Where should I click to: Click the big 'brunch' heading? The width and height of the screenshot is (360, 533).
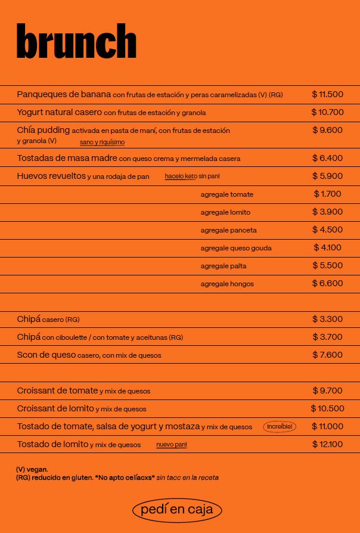pyautogui.click(x=76, y=42)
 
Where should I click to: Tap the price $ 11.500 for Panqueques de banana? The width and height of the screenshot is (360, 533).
pyautogui.click(x=327, y=94)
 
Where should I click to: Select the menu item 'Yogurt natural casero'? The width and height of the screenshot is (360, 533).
pyautogui.click(x=59, y=112)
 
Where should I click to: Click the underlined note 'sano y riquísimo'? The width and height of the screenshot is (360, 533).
pyautogui.click(x=102, y=142)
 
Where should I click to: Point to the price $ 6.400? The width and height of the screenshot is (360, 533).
pyautogui.click(x=327, y=158)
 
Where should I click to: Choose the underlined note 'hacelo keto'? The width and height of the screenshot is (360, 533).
pyautogui.click(x=181, y=176)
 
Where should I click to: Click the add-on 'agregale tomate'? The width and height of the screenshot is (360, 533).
pyautogui.click(x=226, y=194)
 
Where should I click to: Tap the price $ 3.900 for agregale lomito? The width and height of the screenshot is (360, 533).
pyautogui.click(x=327, y=212)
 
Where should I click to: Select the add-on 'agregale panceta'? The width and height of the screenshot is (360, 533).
pyautogui.click(x=228, y=230)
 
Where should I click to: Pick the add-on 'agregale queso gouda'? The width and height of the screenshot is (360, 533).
pyautogui.click(x=236, y=248)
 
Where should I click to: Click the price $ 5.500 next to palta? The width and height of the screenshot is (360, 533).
pyautogui.click(x=327, y=265)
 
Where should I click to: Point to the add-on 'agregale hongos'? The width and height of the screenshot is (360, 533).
pyautogui.click(x=227, y=284)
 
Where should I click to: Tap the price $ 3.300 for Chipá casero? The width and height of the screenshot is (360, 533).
pyautogui.click(x=327, y=319)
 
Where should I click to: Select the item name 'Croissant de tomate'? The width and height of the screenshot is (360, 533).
pyautogui.click(x=57, y=391)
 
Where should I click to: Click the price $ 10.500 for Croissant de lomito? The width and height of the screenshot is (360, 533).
pyautogui.click(x=327, y=408)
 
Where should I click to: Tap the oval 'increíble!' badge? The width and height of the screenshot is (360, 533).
pyautogui.click(x=280, y=427)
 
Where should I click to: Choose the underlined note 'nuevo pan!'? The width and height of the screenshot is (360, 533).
pyautogui.click(x=172, y=445)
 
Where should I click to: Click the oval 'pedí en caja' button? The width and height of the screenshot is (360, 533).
pyautogui.click(x=177, y=510)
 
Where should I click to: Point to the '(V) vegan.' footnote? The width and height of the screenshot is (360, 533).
pyautogui.click(x=32, y=469)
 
